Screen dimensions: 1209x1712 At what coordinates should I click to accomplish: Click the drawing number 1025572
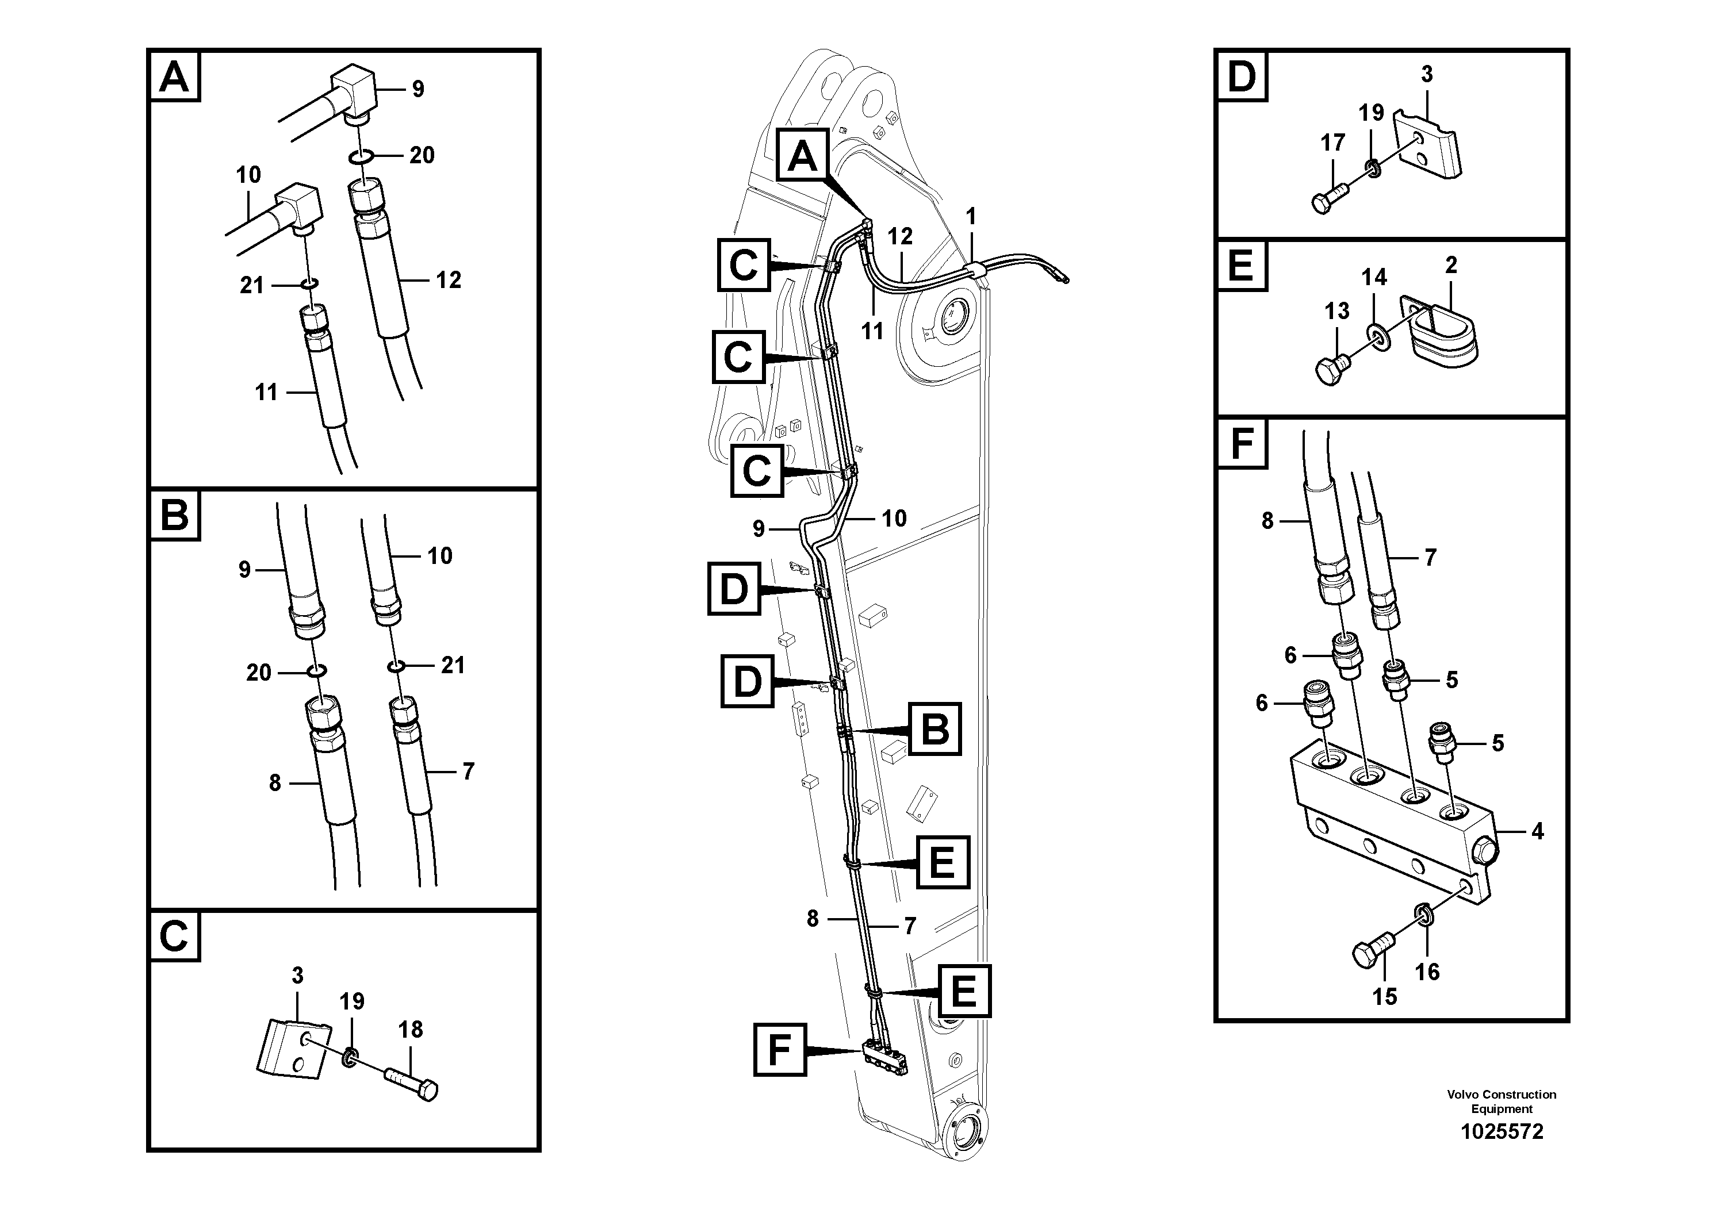pos(1501,1131)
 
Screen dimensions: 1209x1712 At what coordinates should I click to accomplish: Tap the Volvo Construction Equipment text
pos(1501,1101)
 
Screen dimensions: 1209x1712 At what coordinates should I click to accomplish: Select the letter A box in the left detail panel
pos(174,77)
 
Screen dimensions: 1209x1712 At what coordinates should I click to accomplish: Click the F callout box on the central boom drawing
pos(779,1050)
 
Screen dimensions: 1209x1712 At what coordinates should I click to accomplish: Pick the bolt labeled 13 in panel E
pos(1332,368)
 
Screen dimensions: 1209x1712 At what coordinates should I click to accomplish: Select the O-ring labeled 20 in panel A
pos(359,156)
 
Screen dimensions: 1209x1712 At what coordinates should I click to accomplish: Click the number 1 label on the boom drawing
pos(970,217)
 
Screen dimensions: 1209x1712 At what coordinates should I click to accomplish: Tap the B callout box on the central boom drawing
pos(934,729)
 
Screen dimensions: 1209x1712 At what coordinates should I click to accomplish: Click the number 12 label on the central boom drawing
pos(900,236)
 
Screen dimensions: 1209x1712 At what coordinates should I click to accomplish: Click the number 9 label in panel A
pos(418,90)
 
